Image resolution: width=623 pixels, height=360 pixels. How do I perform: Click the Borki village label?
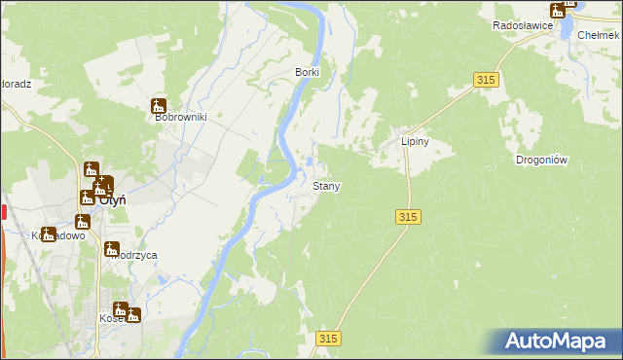(x=308, y=72)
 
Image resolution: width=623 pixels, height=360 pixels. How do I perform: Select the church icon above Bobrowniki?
(x=159, y=106)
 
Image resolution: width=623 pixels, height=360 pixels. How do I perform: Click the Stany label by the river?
(x=325, y=185)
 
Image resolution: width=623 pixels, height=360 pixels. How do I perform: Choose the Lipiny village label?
(x=416, y=141)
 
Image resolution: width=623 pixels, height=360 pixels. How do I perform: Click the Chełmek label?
(x=599, y=34)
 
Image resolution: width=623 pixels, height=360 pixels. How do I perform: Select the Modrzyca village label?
(x=133, y=255)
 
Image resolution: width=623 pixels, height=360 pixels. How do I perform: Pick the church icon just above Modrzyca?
(x=112, y=249)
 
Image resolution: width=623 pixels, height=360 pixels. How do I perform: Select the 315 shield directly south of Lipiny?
(x=409, y=217)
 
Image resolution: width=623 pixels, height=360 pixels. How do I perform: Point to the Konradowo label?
(x=58, y=235)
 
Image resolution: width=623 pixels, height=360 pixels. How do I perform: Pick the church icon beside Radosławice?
(x=568, y=4)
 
